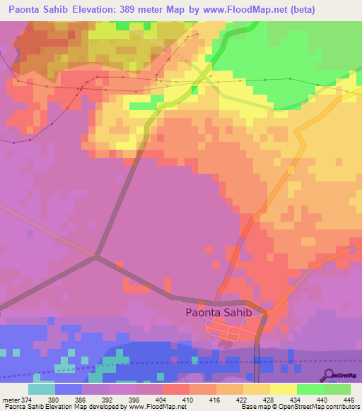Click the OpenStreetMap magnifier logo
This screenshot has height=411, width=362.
pos(329,374)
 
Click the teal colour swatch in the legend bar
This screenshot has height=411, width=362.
pos(42,389)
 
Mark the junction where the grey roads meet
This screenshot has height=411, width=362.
pos(96,257)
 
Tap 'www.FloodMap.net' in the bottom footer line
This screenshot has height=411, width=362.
pos(161,406)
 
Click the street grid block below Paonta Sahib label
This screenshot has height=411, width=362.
pos(230,330)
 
